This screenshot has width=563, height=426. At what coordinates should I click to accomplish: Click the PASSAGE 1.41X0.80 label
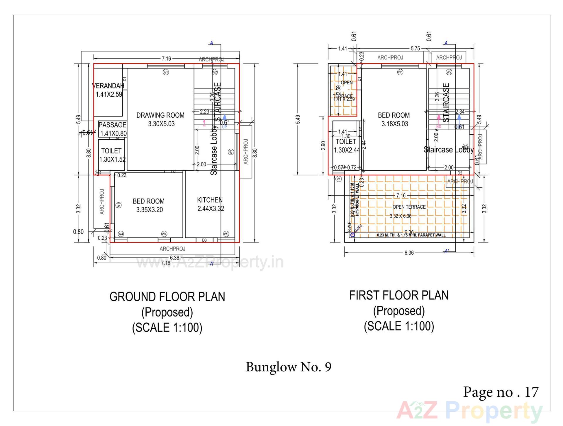pos(113,129)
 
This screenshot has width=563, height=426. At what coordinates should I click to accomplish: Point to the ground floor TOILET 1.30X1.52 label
pos(111,155)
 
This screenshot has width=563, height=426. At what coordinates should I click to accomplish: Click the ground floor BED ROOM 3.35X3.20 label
pos(149,205)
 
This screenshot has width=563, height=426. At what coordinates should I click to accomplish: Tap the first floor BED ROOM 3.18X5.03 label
pos(394,119)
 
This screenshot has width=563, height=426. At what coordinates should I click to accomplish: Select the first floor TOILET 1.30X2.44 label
pos(346,146)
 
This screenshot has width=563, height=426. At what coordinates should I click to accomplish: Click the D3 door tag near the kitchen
pos(204,240)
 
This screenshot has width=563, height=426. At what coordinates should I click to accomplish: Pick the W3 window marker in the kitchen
pos(226,234)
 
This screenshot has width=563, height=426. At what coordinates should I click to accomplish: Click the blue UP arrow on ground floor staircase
pos(224,118)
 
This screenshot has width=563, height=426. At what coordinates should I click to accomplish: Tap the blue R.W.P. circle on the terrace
pos(352,235)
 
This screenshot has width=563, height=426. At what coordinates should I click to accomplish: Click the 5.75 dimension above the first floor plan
pos(415,49)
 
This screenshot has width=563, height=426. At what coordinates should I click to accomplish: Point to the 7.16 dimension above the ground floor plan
pos(166,59)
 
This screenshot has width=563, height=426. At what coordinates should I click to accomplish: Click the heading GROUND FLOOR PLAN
pos(167,297)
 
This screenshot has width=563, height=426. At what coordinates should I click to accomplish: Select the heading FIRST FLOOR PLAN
pos(399,295)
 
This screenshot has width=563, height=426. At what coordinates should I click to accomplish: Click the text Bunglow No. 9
pos(289,367)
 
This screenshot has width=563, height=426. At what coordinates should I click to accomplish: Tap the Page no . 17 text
pos(501,392)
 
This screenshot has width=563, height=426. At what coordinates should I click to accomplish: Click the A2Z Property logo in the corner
pos(469,410)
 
